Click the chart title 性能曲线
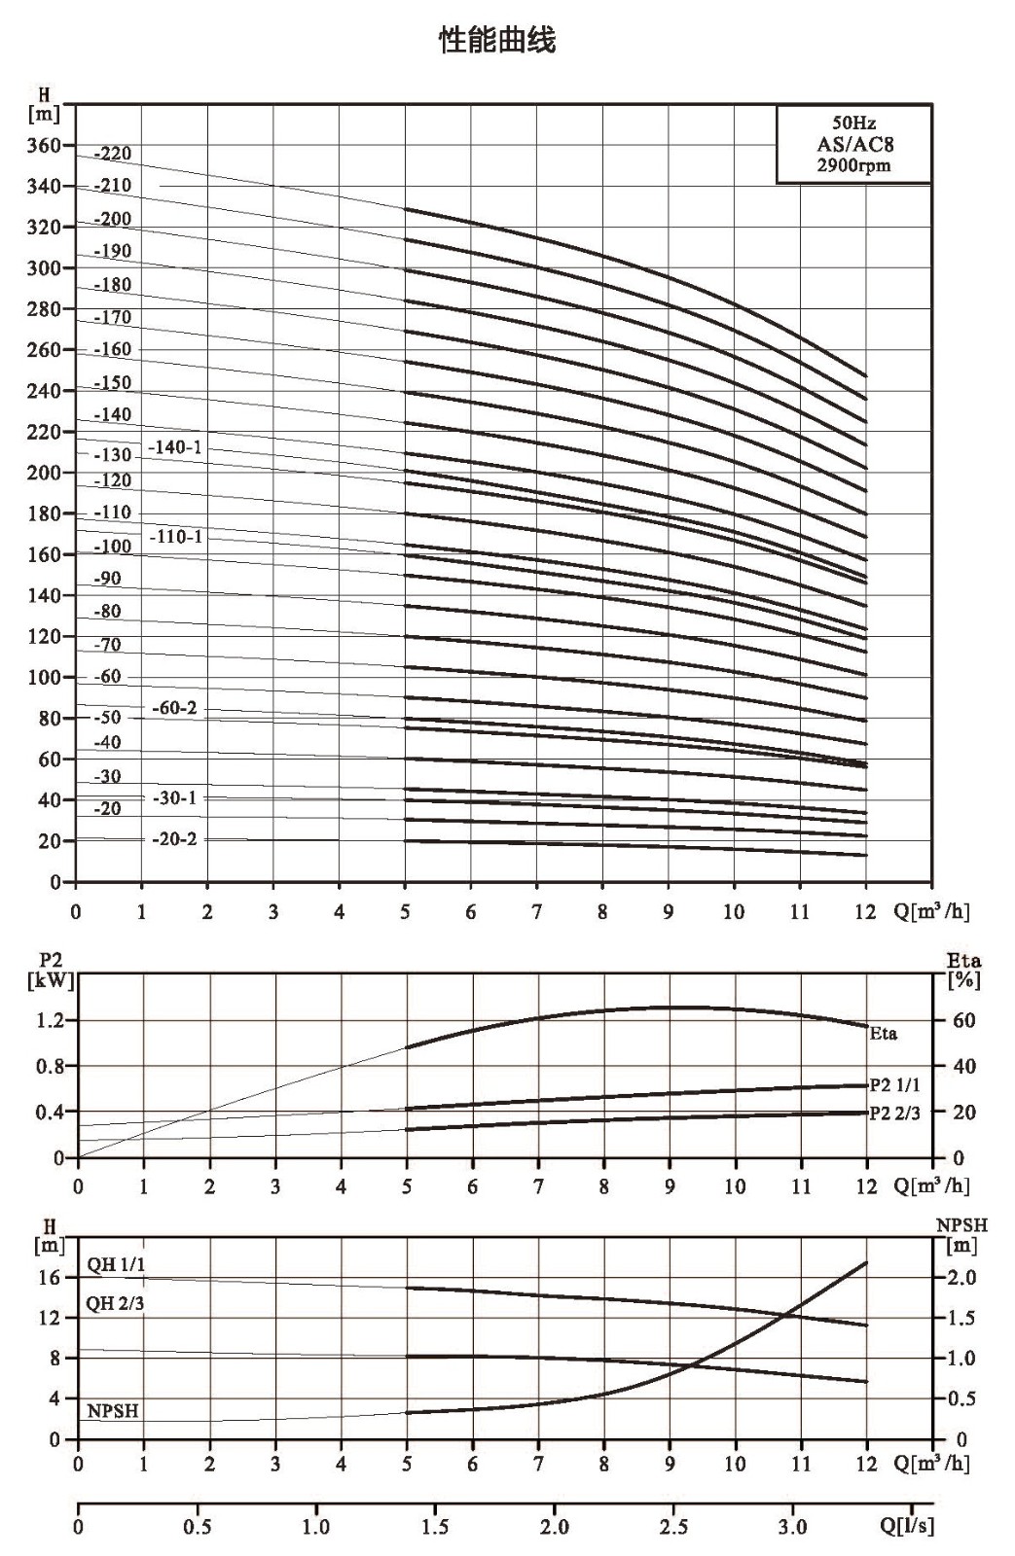pos(497,40)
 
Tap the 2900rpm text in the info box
pos(853,165)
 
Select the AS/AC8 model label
pos(854,145)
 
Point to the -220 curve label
pos(112,154)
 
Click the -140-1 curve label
pos(175,446)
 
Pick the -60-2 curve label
pos(174,708)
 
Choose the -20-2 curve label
pos(174,838)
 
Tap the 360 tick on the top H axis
pos(44,145)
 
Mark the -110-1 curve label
pos(176,536)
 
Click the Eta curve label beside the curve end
pos(883,1034)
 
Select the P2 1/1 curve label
pos(894,1085)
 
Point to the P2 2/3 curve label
pos(894,1113)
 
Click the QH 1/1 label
pos(116,1264)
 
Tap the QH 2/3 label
pos(115,1303)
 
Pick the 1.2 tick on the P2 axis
pos(50,1020)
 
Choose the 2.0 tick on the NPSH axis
pos(962,1277)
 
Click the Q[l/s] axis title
pos(907,1526)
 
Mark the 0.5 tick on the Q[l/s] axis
pos(198,1527)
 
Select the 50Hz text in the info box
pos(853,123)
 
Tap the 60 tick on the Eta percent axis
pos(964,1020)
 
